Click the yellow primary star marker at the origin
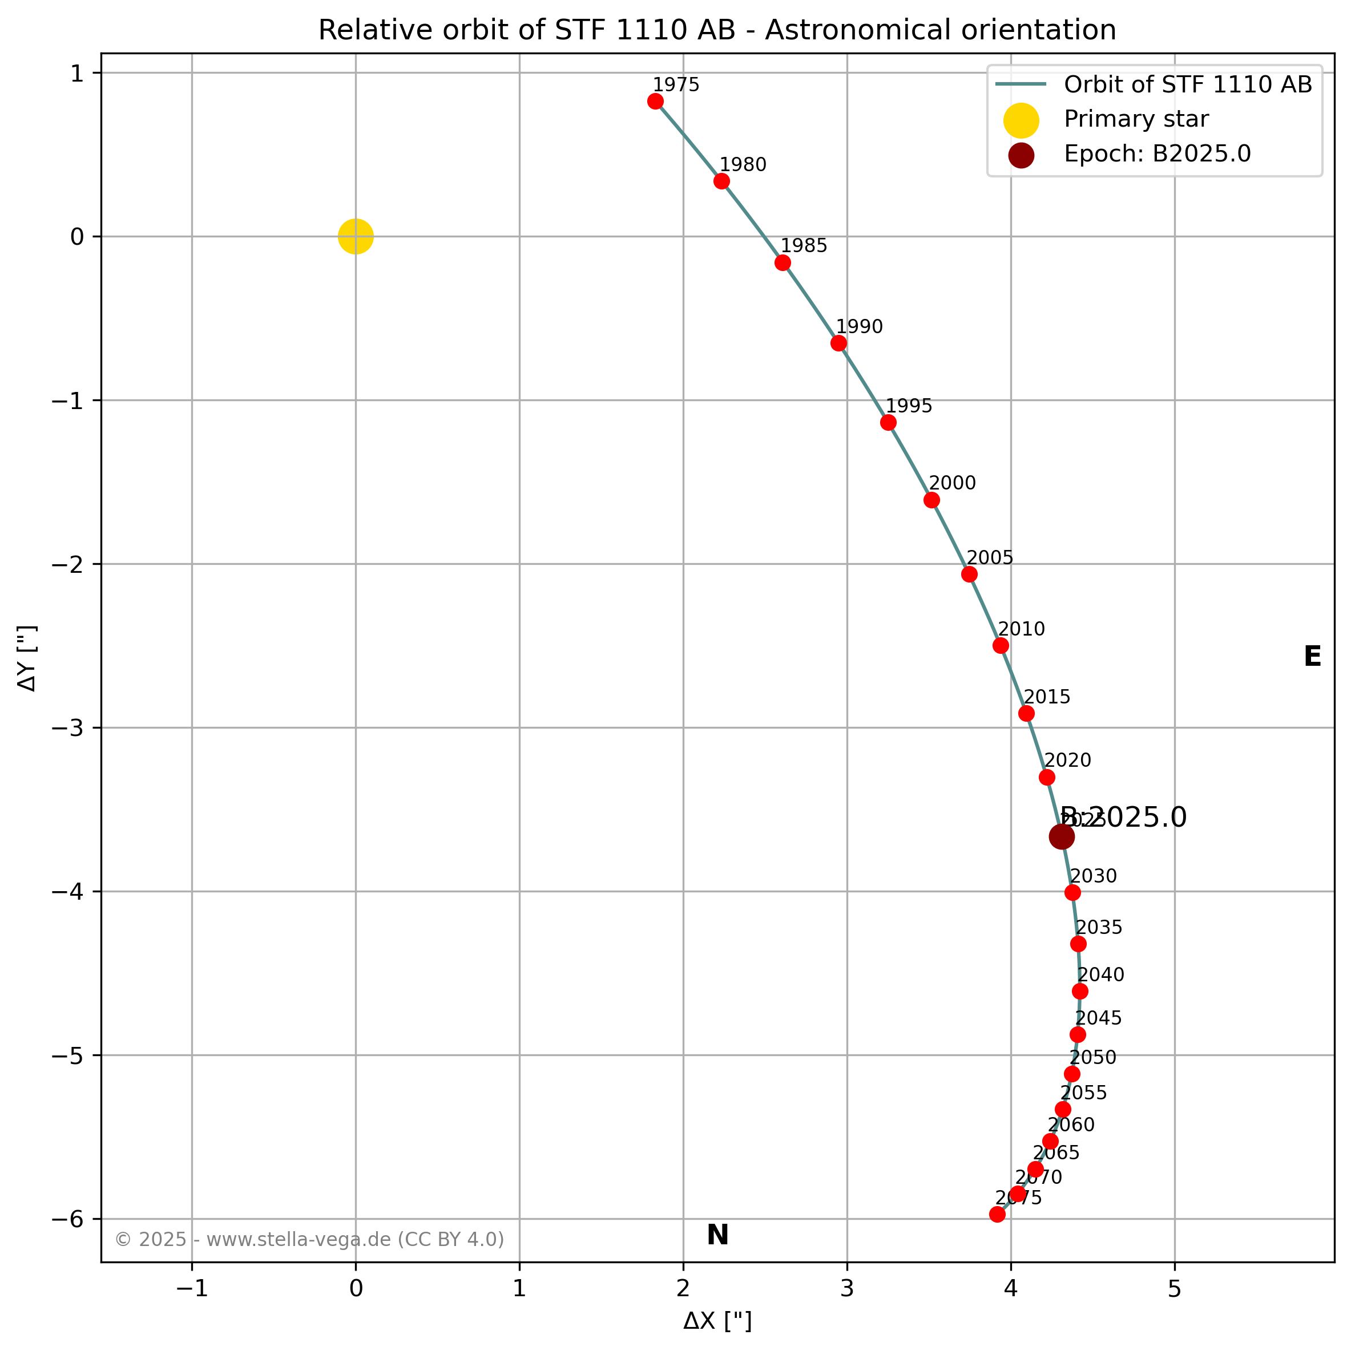(x=356, y=236)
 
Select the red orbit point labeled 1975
(x=656, y=102)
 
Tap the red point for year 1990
(x=839, y=343)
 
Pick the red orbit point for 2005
(x=970, y=574)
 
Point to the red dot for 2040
(x=1080, y=991)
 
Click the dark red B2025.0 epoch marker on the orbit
(x=1062, y=837)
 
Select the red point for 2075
(x=998, y=1214)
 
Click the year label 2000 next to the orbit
(x=952, y=483)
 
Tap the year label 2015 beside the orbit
(x=1047, y=697)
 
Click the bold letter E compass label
(x=1313, y=657)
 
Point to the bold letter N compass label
(x=718, y=1236)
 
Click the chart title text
(x=717, y=30)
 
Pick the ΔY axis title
(x=28, y=658)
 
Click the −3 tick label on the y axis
(x=67, y=728)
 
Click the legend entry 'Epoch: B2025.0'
(x=1157, y=154)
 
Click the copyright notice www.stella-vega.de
(x=309, y=1240)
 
